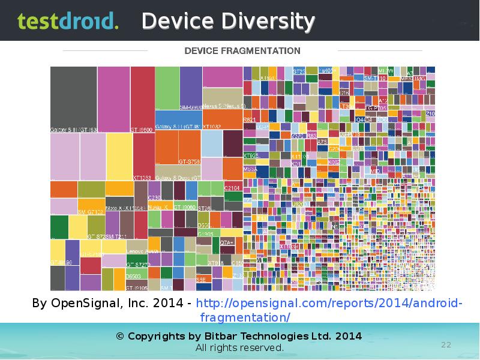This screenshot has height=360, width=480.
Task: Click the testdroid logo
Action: [67, 22]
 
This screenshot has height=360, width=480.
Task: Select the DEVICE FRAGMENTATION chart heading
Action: [242, 50]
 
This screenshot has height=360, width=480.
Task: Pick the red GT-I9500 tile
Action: [143, 99]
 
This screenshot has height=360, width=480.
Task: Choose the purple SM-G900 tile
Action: [191, 88]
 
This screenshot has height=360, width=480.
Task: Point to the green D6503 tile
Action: [137, 273]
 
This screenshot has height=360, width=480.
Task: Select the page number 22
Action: [446, 344]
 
